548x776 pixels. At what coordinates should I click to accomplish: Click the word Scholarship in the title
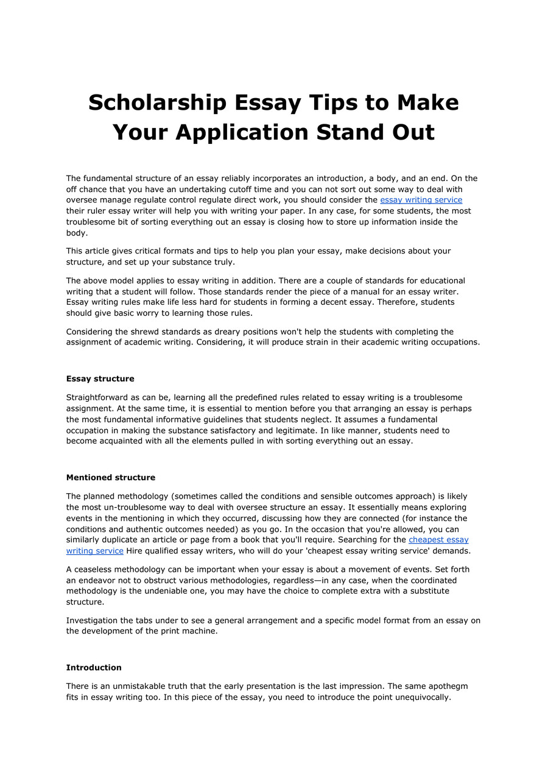pyautogui.click(x=155, y=102)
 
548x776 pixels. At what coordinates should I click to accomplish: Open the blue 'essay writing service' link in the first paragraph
pyautogui.click(x=421, y=200)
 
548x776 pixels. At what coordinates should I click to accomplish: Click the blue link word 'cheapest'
pyautogui.click(x=429, y=540)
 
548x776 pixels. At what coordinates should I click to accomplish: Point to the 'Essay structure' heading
pyautogui.click(x=100, y=379)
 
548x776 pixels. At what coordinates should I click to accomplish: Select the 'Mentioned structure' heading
pyautogui.click(x=111, y=477)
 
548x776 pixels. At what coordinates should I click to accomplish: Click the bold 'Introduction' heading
pyautogui.click(x=94, y=667)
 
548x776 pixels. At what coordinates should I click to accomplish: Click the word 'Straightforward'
pyautogui.click(x=97, y=397)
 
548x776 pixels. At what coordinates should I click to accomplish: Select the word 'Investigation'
pyautogui.click(x=92, y=621)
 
